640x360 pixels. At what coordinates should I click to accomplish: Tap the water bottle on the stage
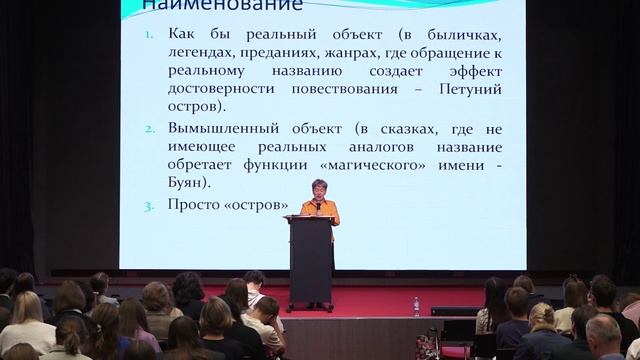(416, 305)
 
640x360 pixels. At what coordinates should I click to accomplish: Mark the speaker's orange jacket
(319, 210)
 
